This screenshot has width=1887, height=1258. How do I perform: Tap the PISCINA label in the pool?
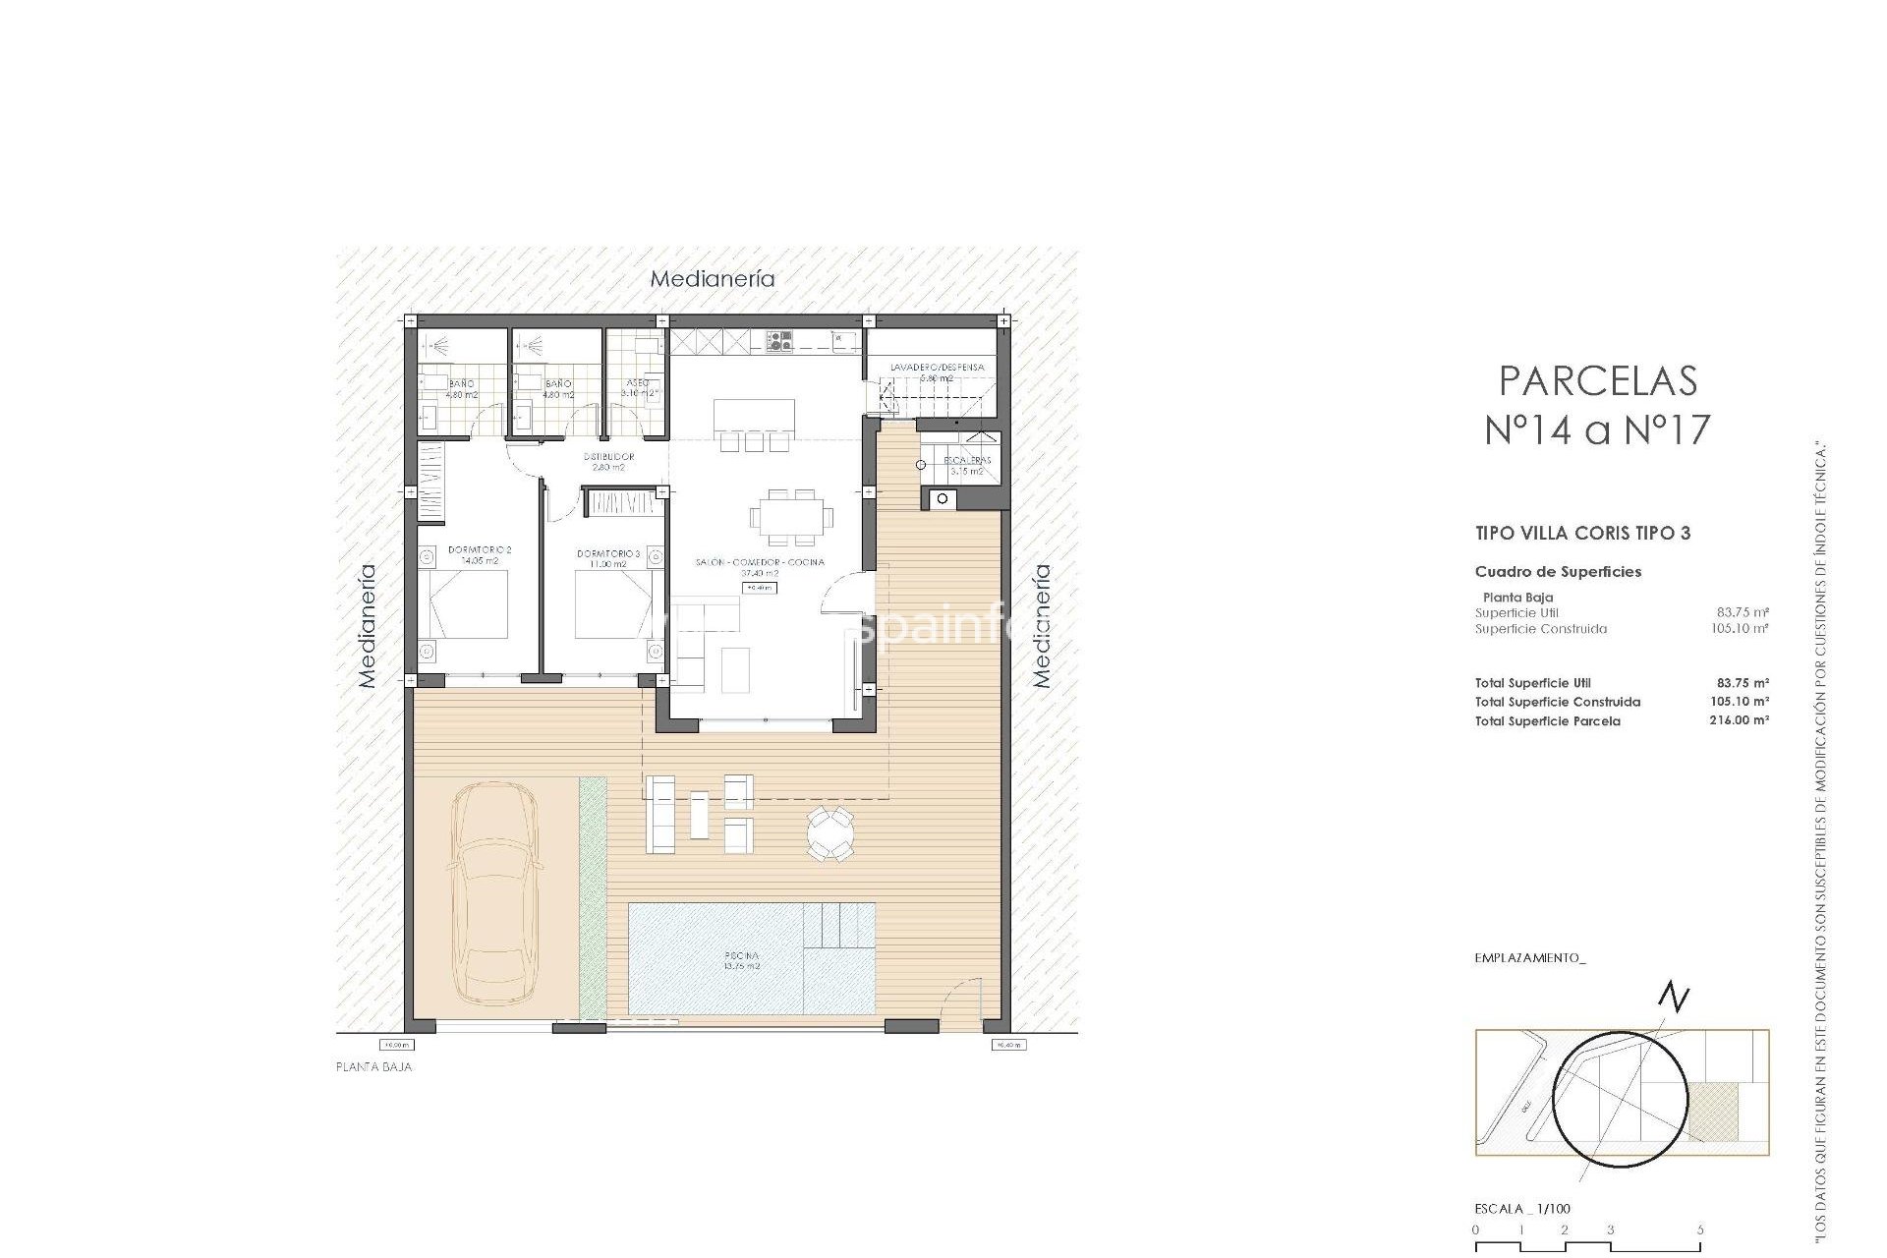[741, 955]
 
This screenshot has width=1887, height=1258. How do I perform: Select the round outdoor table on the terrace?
[830, 833]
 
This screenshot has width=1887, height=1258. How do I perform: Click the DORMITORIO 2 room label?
[480, 550]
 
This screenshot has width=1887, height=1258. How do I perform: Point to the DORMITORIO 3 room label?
[607, 554]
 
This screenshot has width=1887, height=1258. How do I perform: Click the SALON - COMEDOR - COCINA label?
[760, 562]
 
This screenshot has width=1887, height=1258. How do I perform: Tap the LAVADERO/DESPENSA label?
[937, 368]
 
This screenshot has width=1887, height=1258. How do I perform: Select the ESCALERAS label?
[967, 460]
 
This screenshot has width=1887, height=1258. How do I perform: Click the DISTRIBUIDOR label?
[608, 457]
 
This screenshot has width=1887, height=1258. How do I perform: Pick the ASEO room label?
[637, 383]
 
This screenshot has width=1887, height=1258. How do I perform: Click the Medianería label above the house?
[713, 279]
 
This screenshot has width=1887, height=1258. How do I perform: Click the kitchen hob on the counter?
[780, 341]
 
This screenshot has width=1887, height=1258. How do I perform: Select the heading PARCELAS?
[1598, 381]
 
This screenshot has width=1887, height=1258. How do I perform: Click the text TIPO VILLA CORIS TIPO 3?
[1582, 534]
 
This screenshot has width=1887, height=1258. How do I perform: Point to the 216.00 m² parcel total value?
[1739, 720]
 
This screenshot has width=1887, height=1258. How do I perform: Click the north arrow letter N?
[1674, 999]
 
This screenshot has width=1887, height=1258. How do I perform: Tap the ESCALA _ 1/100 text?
[1522, 1209]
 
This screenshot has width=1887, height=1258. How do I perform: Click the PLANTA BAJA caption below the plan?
[373, 1067]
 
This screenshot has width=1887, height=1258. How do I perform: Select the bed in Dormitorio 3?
[612, 604]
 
